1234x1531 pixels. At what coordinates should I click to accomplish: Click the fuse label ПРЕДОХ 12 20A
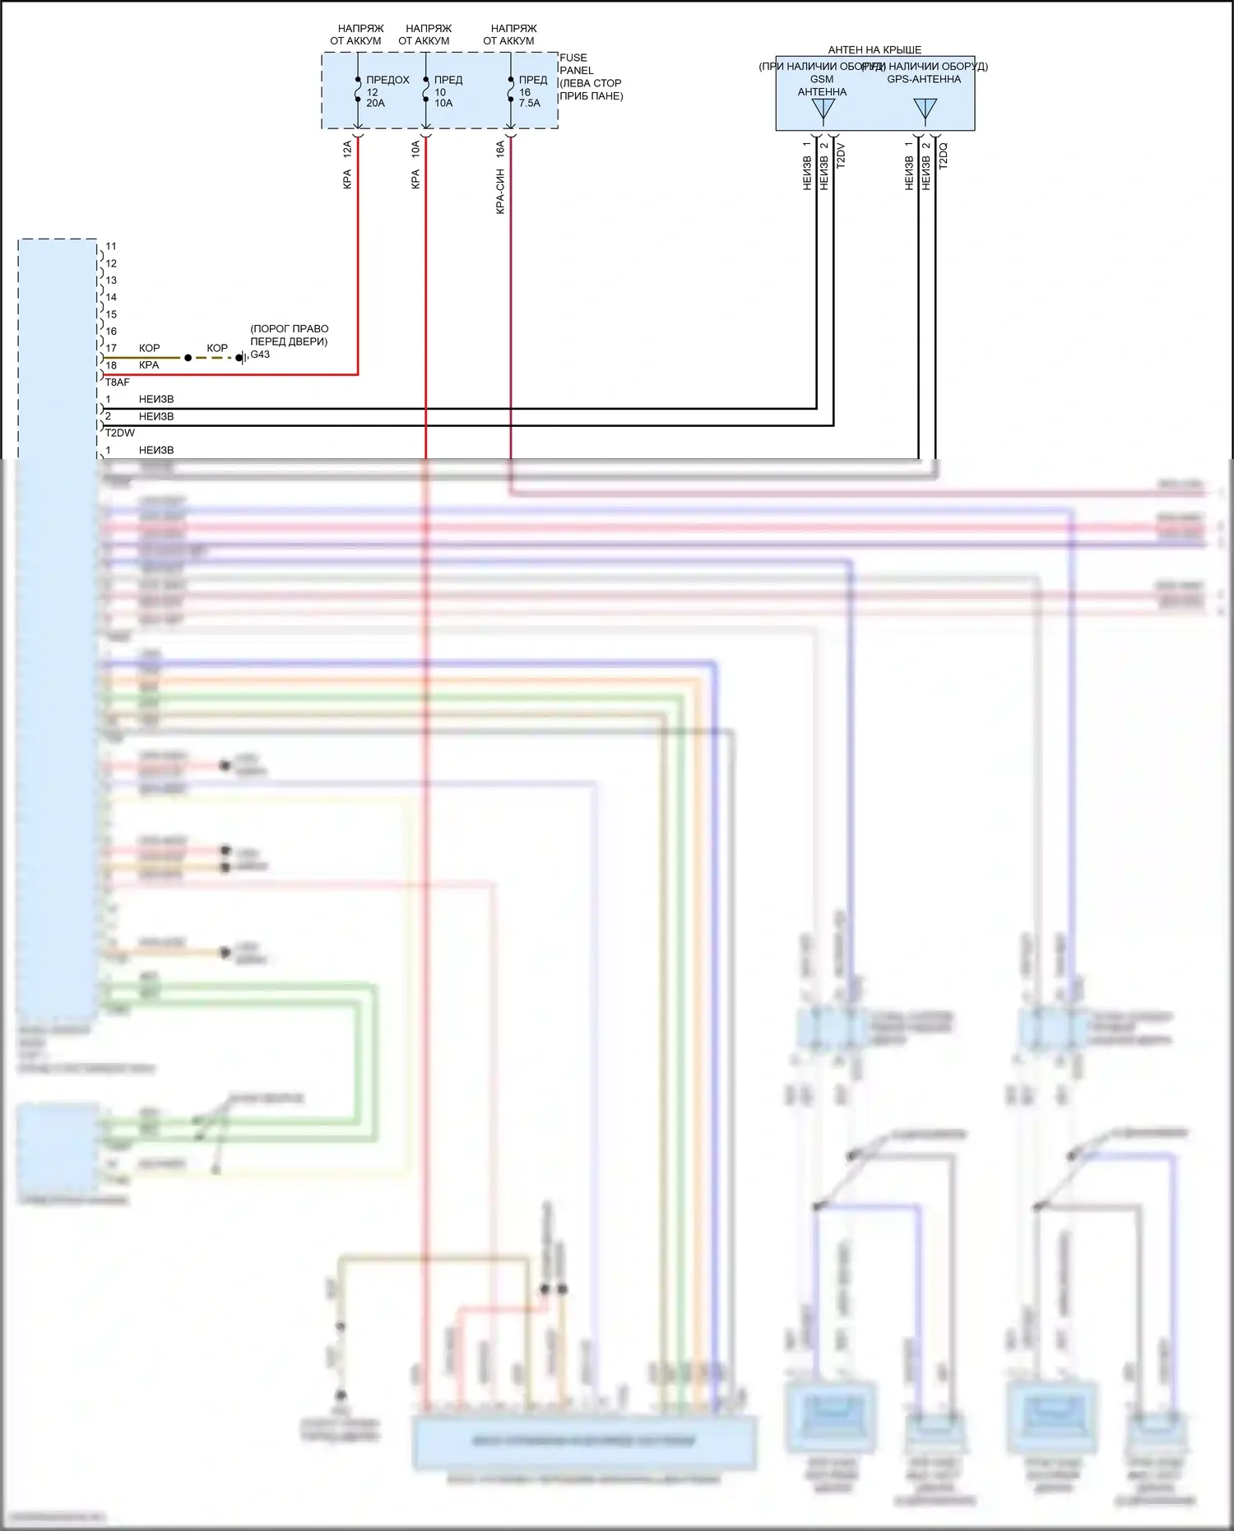click(x=387, y=91)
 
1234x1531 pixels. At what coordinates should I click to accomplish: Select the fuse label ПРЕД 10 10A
click(x=448, y=91)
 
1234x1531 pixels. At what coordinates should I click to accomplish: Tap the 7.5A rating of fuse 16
click(x=530, y=103)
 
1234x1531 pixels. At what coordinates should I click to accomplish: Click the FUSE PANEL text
click(x=576, y=64)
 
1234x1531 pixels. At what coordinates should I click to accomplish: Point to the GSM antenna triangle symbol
click(x=823, y=109)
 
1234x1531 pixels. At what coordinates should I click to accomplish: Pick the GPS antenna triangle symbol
click(x=925, y=109)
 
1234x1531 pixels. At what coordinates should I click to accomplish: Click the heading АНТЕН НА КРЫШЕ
click(x=874, y=50)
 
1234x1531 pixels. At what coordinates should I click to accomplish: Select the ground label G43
click(x=260, y=355)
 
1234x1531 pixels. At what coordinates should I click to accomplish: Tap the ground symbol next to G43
click(x=240, y=358)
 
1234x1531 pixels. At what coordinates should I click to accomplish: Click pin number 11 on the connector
click(x=111, y=246)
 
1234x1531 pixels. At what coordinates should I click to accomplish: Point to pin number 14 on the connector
click(x=111, y=297)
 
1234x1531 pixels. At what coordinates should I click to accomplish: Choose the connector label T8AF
click(x=117, y=383)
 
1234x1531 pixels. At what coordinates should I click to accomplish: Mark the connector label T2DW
click(x=119, y=433)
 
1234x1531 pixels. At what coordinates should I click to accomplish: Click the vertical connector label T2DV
click(x=841, y=155)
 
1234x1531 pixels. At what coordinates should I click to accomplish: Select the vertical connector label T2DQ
click(x=944, y=155)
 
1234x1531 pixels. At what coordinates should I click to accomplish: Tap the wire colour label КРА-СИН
click(x=500, y=192)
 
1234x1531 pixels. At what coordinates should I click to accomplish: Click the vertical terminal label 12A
click(x=347, y=149)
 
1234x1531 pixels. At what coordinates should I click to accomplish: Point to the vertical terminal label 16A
click(x=500, y=149)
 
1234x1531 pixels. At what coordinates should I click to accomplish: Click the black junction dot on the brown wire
click(x=188, y=358)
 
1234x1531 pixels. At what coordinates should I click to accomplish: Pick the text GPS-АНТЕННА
click(x=924, y=79)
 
